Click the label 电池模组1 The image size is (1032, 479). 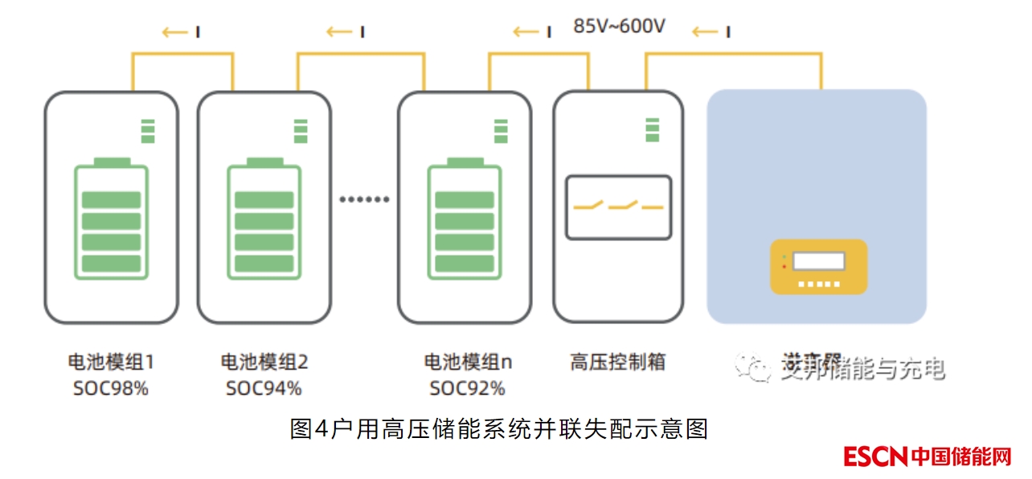(111, 362)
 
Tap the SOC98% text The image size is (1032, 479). (111, 389)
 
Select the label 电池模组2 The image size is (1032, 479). (264, 362)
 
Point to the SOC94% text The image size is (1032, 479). (264, 389)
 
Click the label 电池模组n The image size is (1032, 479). (468, 362)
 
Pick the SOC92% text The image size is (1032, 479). (467, 389)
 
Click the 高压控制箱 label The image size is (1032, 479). (617, 362)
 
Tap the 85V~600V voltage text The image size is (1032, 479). (619, 27)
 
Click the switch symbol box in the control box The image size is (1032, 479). (618, 207)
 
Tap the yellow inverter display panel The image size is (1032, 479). (818, 266)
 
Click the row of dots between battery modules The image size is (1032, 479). (364, 199)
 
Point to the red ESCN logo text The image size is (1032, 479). (875, 456)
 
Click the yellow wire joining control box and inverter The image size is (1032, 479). (733, 55)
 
